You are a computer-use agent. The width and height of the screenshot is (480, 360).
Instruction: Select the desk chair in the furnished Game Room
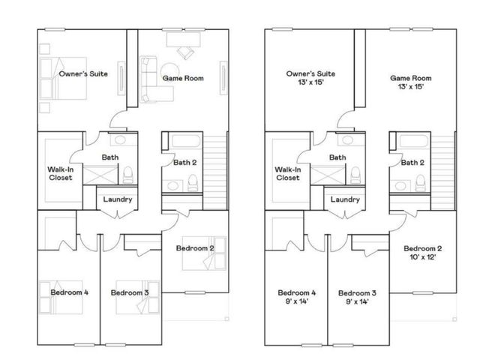185,52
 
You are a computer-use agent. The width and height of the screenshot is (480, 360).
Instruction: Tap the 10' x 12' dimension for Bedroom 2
421,257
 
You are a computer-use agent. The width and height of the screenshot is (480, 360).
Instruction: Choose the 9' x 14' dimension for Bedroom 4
296,302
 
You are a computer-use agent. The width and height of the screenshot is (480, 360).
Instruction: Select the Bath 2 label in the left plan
185,162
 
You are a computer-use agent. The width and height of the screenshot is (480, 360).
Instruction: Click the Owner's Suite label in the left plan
82,74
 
